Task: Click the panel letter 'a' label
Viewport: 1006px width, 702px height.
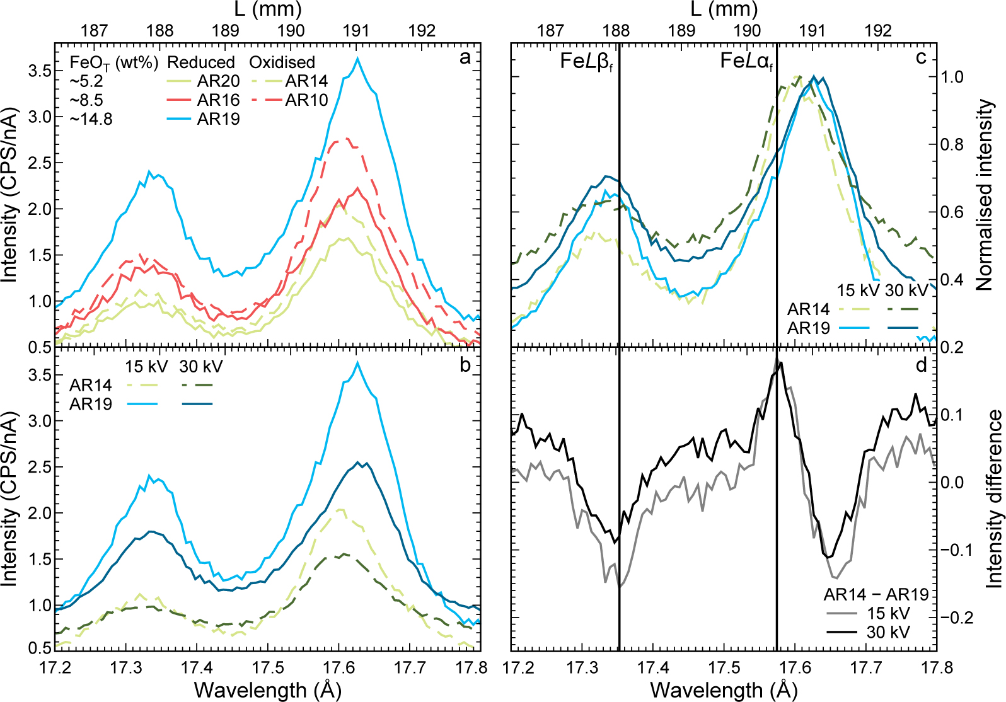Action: [x=465, y=59]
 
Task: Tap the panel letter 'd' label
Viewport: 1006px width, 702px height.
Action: [x=921, y=365]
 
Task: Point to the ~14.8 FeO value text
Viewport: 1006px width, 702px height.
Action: [x=91, y=119]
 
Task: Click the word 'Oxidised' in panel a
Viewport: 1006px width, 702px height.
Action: [x=282, y=62]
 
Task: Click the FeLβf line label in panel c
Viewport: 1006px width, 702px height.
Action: [x=586, y=62]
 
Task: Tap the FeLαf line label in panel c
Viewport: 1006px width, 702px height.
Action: [x=746, y=62]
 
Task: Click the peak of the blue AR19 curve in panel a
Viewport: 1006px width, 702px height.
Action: [x=358, y=59]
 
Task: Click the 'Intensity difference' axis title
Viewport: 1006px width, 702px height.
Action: [x=993, y=498]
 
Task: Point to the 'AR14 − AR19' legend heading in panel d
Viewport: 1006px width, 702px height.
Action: [x=876, y=594]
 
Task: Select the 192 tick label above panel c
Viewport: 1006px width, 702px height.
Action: [x=877, y=30]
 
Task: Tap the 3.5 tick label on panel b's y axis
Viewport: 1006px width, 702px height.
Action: [x=40, y=375]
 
